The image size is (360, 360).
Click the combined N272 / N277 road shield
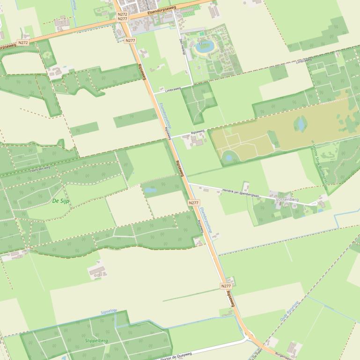[x=123, y=16]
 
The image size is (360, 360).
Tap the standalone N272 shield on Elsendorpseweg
[x=22, y=43]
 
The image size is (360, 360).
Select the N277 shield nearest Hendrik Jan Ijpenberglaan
[x=194, y=202]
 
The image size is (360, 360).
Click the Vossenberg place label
[x=287, y=200]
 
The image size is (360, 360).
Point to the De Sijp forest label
[x=61, y=201]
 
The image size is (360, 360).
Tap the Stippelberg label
[x=96, y=341]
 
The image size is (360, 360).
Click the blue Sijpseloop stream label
[x=109, y=311]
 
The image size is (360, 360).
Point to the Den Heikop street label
[x=183, y=47]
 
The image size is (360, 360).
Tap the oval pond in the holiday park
[x=205, y=46]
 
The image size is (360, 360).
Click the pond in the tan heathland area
[x=300, y=123]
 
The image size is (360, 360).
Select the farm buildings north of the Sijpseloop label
[x=98, y=271]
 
